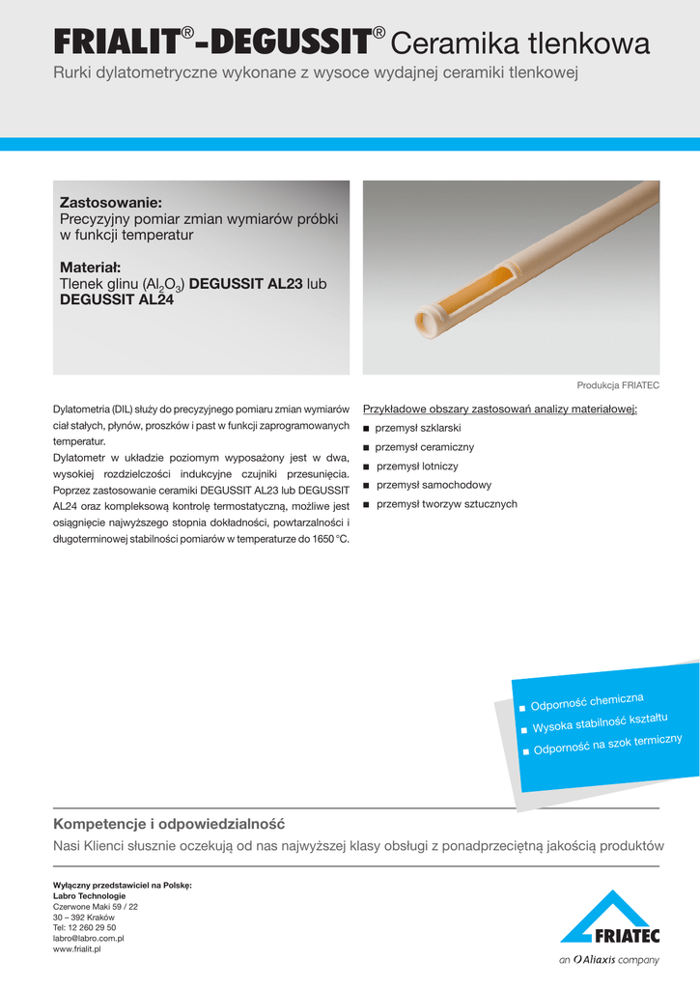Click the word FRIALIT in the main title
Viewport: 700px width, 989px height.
coord(116,42)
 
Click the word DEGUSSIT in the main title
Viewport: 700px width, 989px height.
coord(290,42)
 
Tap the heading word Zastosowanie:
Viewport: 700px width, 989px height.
coord(110,203)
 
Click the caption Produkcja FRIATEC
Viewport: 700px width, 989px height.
coord(618,384)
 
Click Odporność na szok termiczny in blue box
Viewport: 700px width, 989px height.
coord(608,745)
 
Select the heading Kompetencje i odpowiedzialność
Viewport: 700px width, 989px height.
coord(169,797)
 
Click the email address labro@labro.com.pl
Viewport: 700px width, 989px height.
coord(88,938)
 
